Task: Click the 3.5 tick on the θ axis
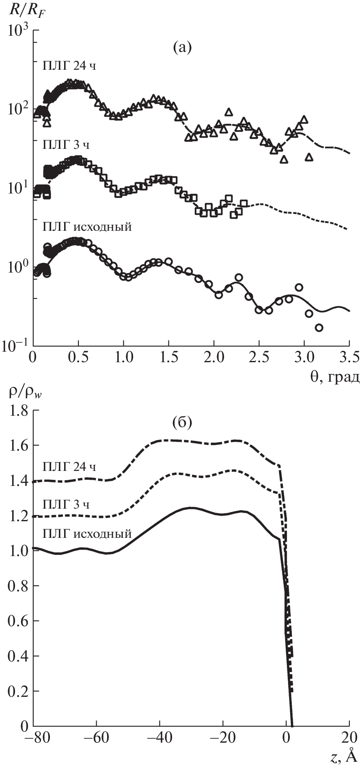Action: [x=348, y=358]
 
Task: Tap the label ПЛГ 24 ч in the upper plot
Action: [x=69, y=66]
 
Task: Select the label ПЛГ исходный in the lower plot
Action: [x=87, y=533]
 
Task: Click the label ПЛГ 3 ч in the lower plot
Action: [x=66, y=505]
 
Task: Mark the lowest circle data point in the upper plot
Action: [x=319, y=328]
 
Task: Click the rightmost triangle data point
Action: [x=309, y=157]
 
